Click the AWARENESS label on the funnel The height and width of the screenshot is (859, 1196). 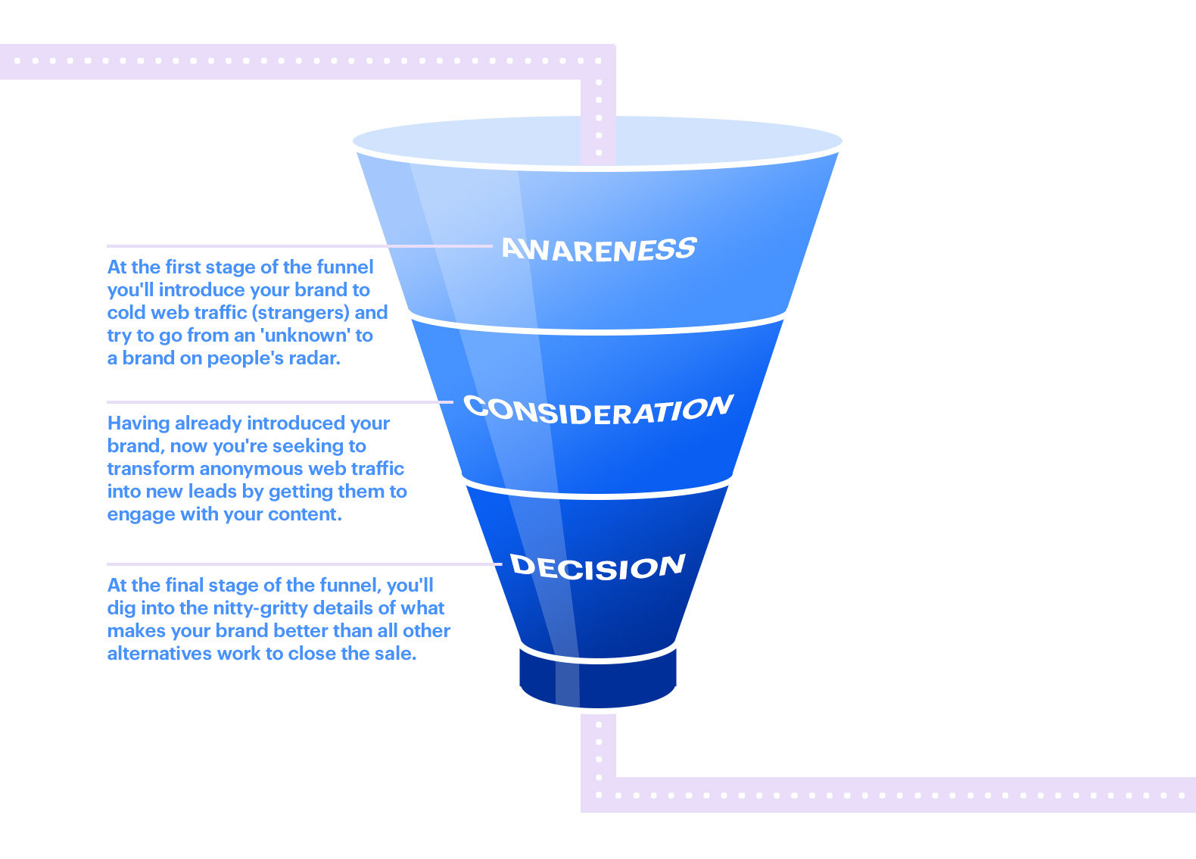598,249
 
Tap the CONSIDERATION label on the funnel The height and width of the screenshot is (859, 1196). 598,410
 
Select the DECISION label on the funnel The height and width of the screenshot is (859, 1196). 598,567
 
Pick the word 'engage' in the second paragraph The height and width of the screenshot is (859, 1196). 134,515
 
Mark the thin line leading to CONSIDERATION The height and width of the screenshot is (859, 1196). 280,402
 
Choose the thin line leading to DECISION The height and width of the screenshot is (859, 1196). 303,564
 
